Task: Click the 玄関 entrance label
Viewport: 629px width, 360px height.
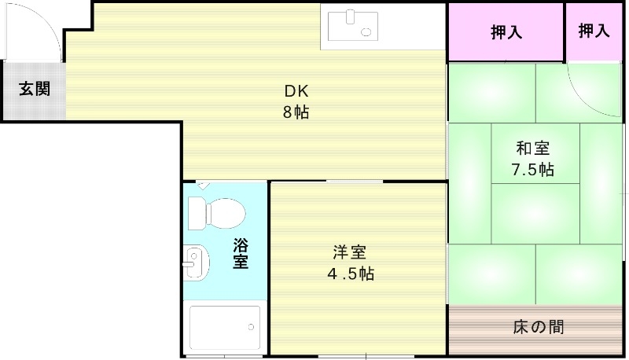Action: coord(34,89)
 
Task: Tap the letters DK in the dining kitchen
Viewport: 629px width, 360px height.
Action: coord(296,89)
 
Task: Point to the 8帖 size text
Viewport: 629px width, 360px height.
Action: coord(296,112)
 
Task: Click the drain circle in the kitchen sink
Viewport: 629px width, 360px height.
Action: coord(366,31)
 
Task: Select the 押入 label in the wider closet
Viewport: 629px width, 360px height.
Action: coord(506,33)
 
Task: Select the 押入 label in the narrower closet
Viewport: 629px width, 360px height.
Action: coord(594,31)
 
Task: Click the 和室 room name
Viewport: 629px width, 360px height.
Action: coord(532,148)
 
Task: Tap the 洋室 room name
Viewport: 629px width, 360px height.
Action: coord(350,252)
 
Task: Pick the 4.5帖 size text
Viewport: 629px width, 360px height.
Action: coord(350,274)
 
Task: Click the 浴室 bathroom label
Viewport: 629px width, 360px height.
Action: coord(241,253)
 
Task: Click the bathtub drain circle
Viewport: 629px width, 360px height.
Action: coord(252,325)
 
